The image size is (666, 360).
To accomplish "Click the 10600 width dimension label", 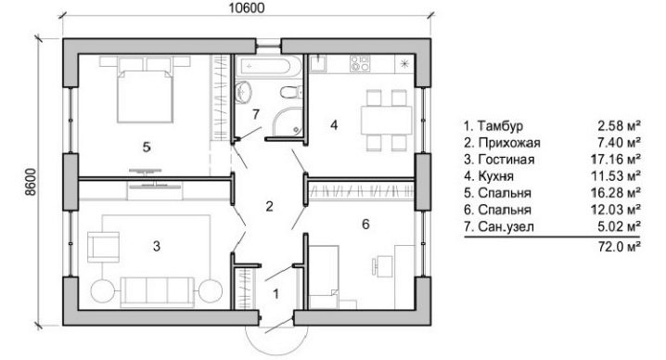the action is (247, 8).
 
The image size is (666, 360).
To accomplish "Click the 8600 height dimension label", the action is (31, 183).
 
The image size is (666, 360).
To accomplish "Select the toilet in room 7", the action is (291, 91).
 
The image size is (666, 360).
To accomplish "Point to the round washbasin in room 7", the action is (243, 91).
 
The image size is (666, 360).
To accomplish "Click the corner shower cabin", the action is (288, 122).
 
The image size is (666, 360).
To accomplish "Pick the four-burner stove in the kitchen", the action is (360, 64).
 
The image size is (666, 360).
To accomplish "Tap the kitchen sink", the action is (317, 64).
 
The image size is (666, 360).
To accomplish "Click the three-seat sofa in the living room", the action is (157, 291).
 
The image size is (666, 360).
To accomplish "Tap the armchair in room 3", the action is (103, 247).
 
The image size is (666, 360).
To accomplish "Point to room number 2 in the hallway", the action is (269, 207).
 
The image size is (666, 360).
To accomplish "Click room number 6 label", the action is (365, 224).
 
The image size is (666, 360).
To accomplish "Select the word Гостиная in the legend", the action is (506, 160).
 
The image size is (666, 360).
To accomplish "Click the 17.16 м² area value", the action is (616, 160).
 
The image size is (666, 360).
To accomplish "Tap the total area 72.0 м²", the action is (620, 246).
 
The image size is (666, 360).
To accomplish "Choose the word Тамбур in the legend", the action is (500, 126).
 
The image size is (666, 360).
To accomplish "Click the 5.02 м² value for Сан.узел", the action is (619, 226).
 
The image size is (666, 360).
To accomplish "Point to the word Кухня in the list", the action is (495, 176).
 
